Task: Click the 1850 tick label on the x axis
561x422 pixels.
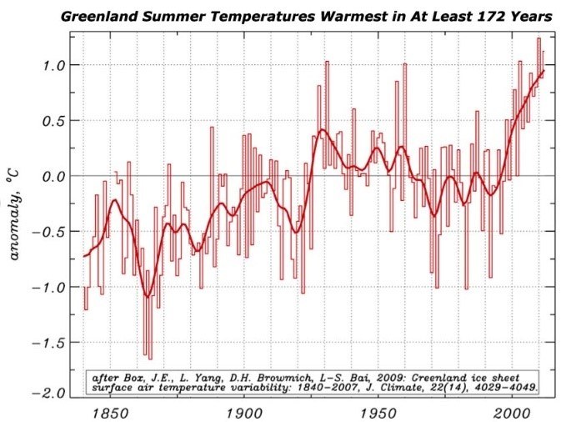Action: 110,414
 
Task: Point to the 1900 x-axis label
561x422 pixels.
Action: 244,414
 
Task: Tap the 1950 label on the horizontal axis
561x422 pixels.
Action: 378,414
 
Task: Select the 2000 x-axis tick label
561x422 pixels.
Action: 512,414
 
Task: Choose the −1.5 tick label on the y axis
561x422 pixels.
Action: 48,343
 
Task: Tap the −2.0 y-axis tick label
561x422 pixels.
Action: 48,394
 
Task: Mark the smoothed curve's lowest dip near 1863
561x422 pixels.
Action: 147,296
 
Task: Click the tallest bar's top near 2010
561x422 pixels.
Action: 538,38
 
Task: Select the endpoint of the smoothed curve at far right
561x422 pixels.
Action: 543,70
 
